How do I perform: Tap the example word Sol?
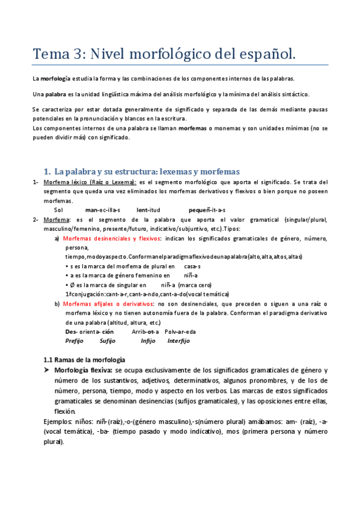[58, 209]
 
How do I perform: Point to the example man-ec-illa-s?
[103, 209]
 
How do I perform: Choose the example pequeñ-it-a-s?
[207, 209]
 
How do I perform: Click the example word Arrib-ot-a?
[145, 331]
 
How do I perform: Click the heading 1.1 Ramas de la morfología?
[84, 359]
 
